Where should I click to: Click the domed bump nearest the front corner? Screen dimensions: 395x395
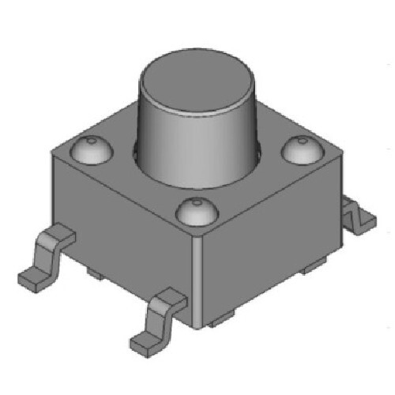click(193, 212)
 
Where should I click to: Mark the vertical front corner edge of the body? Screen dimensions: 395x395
click(194, 276)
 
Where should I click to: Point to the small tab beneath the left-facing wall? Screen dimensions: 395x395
click(95, 273)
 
